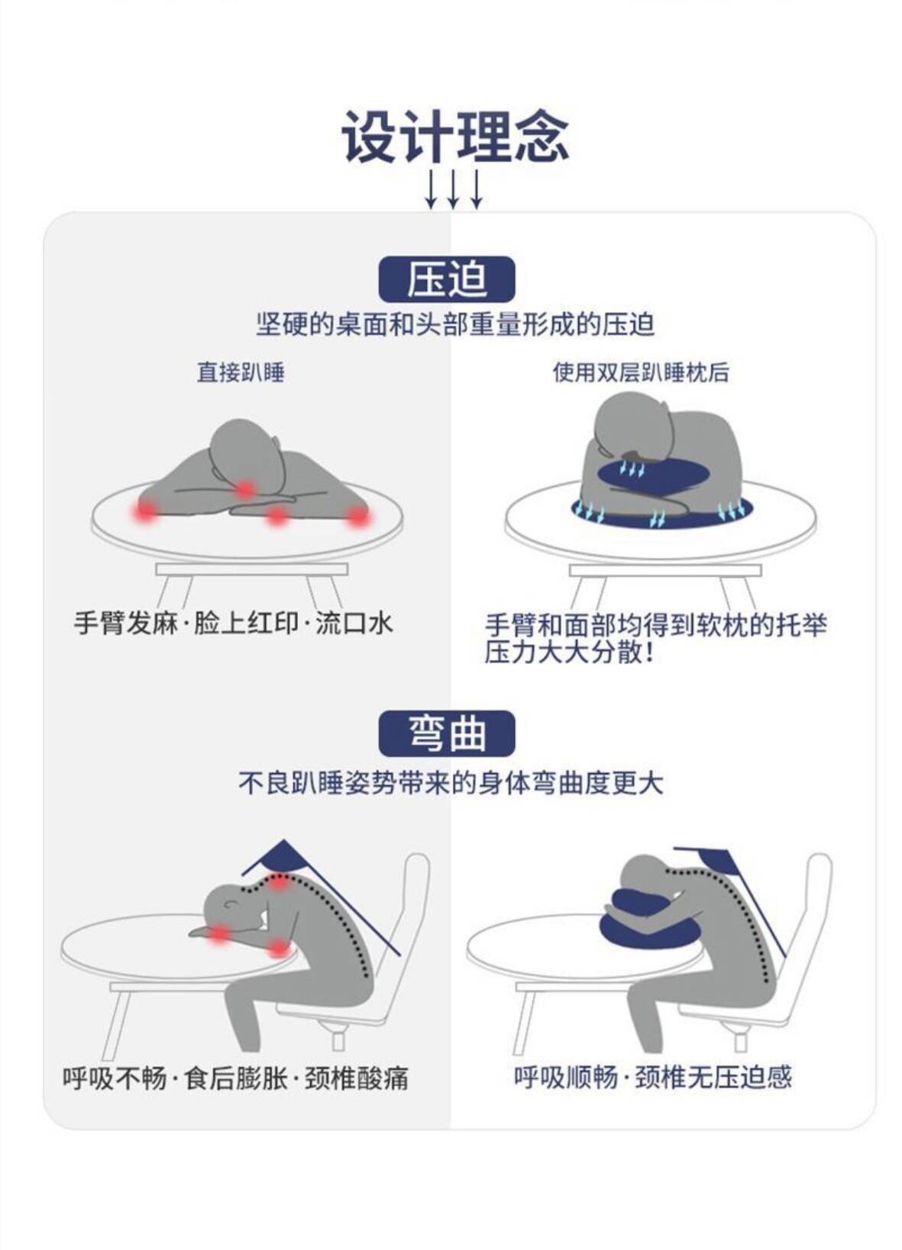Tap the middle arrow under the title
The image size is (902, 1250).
[453, 189]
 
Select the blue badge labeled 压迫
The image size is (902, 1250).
[447, 279]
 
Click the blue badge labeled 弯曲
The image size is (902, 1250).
[447, 733]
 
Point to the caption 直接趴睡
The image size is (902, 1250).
[240, 372]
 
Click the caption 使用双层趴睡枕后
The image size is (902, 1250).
[641, 372]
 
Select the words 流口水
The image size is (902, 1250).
[354, 623]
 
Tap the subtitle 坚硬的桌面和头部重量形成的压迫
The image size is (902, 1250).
[455, 324]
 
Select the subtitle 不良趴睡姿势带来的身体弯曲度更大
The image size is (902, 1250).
[451, 783]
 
